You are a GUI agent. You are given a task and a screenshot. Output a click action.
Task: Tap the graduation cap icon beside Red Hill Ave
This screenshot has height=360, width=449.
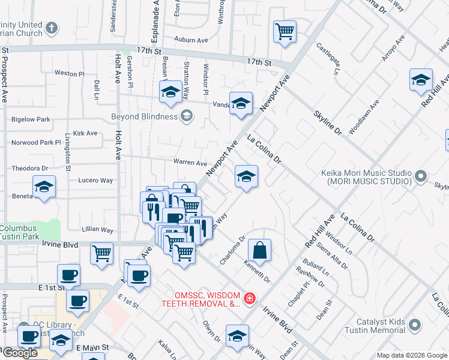[x=421, y=80]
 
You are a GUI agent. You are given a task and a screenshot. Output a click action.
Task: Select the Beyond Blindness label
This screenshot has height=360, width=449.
[x=145, y=116]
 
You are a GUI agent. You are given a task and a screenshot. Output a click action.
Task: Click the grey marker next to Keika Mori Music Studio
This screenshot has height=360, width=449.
[x=421, y=176]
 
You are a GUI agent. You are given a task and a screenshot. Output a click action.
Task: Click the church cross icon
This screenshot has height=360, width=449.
[x=52, y=28]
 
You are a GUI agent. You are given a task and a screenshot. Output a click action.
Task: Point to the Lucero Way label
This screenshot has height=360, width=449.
[x=95, y=180]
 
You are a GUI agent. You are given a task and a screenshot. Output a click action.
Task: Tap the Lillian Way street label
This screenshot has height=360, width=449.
[x=98, y=230]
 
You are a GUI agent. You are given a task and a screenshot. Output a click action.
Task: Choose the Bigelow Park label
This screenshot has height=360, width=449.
[x=31, y=119]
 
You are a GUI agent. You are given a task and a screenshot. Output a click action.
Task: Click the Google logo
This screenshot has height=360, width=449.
[x=19, y=353]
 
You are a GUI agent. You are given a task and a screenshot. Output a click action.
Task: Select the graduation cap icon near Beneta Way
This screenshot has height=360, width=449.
[x=44, y=187]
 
